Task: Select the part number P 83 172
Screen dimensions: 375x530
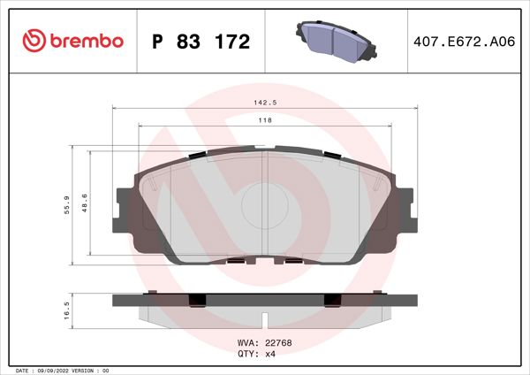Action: pos(201,42)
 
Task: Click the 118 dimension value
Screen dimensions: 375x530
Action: pos(264,120)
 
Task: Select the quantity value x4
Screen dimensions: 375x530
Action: pos(270,354)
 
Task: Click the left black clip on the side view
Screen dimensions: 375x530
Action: pos(199,300)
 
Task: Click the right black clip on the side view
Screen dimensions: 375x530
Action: pos(332,300)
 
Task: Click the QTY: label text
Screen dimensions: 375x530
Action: pos(247,354)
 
